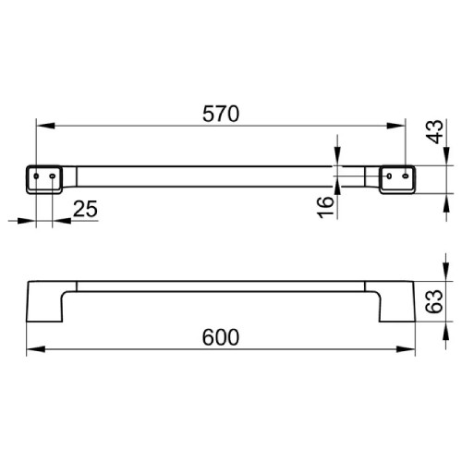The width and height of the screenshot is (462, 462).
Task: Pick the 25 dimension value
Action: pyautogui.click(x=84, y=209)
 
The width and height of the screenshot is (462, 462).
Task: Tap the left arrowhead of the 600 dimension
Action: pyautogui.click(x=30, y=348)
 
